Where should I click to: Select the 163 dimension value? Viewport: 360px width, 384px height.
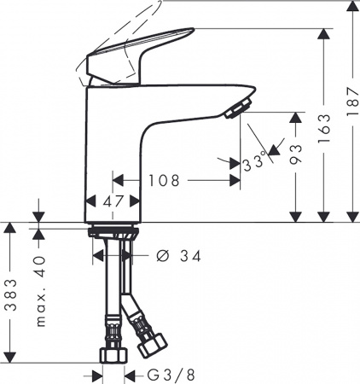point(322,133)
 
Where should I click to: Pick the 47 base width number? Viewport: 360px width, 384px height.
point(113,202)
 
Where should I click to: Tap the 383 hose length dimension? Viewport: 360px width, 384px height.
point(9,295)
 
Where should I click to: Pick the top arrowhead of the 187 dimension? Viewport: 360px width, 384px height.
point(350,9)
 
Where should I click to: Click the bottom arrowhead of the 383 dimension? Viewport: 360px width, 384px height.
point(9,357)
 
